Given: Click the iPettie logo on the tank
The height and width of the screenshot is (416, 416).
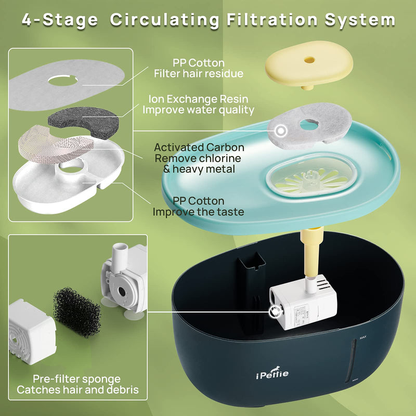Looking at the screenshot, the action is (x=272, y=373).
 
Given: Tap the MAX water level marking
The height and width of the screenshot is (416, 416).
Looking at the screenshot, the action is (x=362, y=337).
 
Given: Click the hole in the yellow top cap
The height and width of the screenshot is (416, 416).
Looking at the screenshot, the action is (x=309, y=60).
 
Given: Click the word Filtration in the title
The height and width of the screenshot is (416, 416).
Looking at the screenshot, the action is (x=271, y=20).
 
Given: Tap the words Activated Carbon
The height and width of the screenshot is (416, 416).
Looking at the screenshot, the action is (x=199, y=147).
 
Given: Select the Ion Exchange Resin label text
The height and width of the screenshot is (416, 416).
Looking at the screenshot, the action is (x=199, y=99).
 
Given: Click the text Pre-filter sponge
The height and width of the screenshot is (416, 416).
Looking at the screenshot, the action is (x=76, y=379).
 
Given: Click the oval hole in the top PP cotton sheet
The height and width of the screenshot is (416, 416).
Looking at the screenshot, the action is (x=63, y=81).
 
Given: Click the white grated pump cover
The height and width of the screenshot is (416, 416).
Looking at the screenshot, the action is (x=32, y=332).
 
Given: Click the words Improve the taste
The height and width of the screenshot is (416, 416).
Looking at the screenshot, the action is (x=198, y=212).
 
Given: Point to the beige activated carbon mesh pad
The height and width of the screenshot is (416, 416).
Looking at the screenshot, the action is (x=56, y=145).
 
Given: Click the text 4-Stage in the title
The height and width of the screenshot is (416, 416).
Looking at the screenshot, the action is (x=60, y=20).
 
